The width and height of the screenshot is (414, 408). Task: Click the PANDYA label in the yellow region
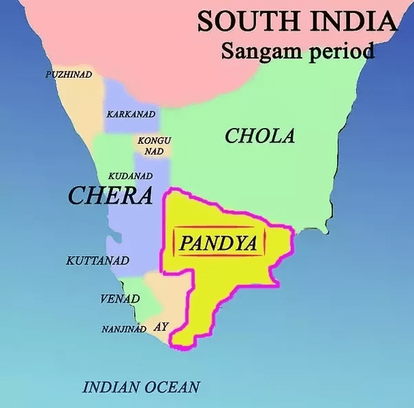(x=218, y=243)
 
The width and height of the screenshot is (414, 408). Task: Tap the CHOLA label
(x=260, y=136)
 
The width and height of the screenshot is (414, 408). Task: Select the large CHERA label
(x=110, y=196)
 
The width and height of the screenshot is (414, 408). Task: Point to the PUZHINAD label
(x=69, y=74)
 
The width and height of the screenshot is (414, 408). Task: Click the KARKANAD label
(x=131, y=114)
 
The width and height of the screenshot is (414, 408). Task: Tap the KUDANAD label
(x=130, y=176)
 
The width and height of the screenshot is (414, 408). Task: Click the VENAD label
(x=120, y=299)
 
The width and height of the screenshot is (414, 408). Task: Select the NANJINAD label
(x=124, y=329)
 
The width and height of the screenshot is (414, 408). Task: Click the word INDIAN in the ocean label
(x=113, y=387)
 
